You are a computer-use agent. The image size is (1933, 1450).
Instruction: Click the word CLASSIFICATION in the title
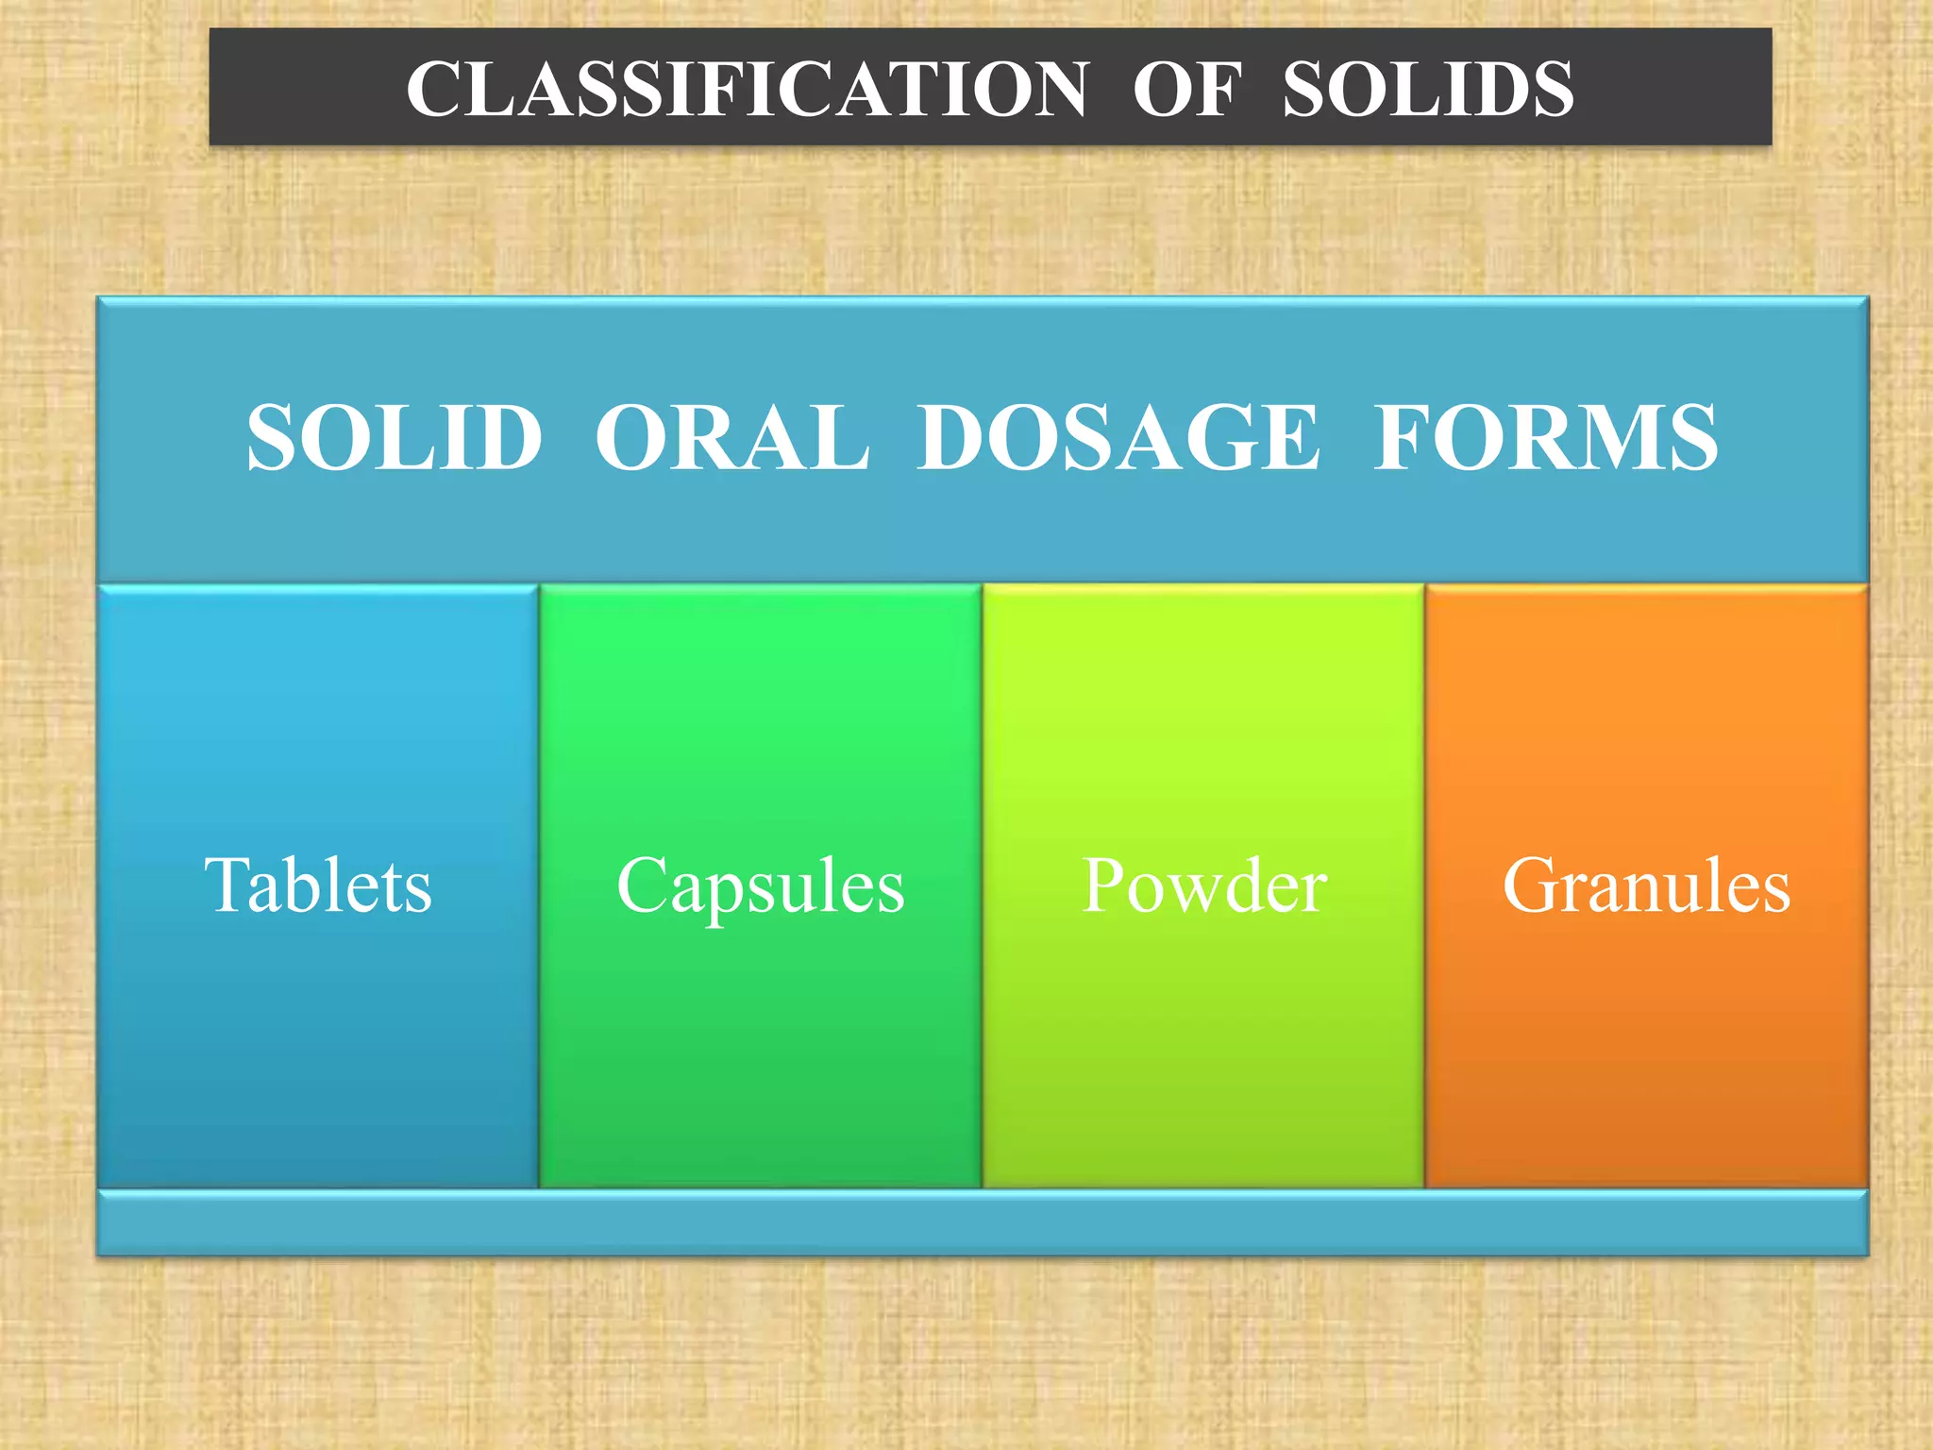[x=747, y=89]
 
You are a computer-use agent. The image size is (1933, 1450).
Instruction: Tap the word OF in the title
[x=1186, y=89]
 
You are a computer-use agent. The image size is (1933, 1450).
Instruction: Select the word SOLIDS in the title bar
[x=1427, y=89]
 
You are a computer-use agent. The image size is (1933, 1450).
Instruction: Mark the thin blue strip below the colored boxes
[x=982, y=1223]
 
